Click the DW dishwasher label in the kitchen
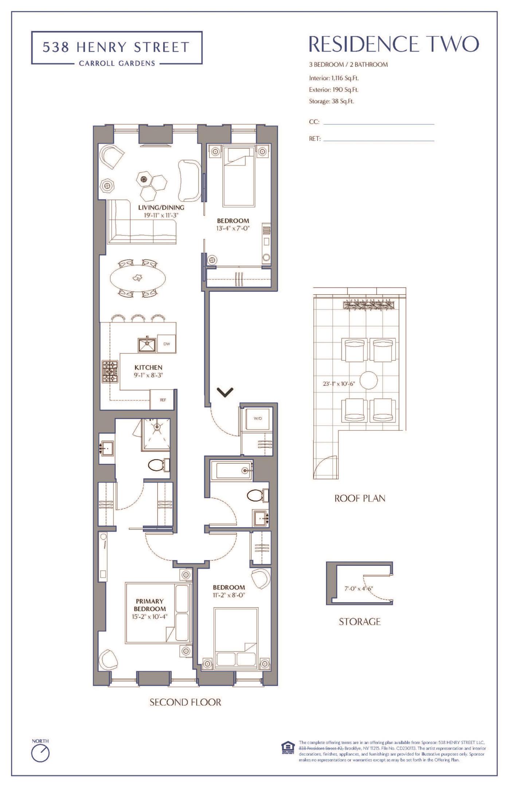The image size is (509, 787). (x=167, y=344)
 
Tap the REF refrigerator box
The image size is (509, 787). (x=163, y=400)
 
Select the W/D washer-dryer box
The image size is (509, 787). (x=258, y=418)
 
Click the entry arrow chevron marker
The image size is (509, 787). (x=225, y=392)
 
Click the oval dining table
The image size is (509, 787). (x=138, y=278)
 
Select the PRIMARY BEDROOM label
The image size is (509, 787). (x=150, y=605)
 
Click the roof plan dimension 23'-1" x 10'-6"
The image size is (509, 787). (x=339, y=384)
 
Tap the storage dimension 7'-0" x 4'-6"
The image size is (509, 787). (x=359, y=588)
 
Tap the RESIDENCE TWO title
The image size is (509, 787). (x=394, y=44)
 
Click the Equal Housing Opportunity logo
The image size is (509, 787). (x=286, y=748)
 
